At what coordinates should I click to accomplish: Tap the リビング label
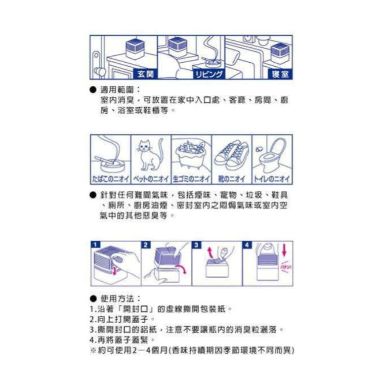coord(207,74)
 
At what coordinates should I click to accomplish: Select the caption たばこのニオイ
coord(110,178)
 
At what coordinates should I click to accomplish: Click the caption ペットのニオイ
coord(151,178)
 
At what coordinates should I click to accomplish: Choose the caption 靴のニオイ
coord(232,178)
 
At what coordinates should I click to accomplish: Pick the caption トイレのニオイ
coord(272,178)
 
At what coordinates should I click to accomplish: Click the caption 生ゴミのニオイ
coord(191,178)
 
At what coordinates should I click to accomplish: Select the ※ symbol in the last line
coord(92,350)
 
